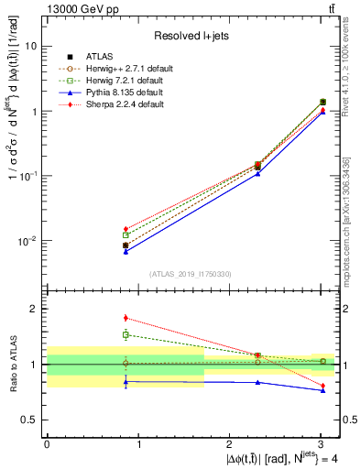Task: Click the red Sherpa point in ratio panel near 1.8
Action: point(125,318)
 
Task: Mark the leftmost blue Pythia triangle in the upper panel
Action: point(125,251)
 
